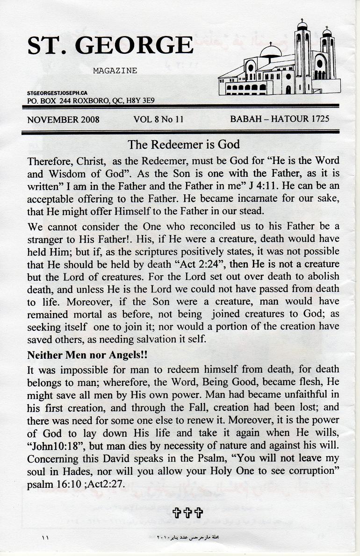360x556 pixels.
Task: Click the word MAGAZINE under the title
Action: [x=115, y=71]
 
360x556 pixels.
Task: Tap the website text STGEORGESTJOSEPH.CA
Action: [x=58, y=93]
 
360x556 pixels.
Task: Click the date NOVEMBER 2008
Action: [x=63, y=119]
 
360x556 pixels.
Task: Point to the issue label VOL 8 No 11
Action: [x=158, y=119]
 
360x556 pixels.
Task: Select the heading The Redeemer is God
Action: [x=184, y=144]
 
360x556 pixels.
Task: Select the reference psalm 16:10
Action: [x=57, y=484]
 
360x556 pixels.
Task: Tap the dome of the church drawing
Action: [x=270, y=50]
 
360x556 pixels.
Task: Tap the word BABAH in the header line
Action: [x=246, y=119]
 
